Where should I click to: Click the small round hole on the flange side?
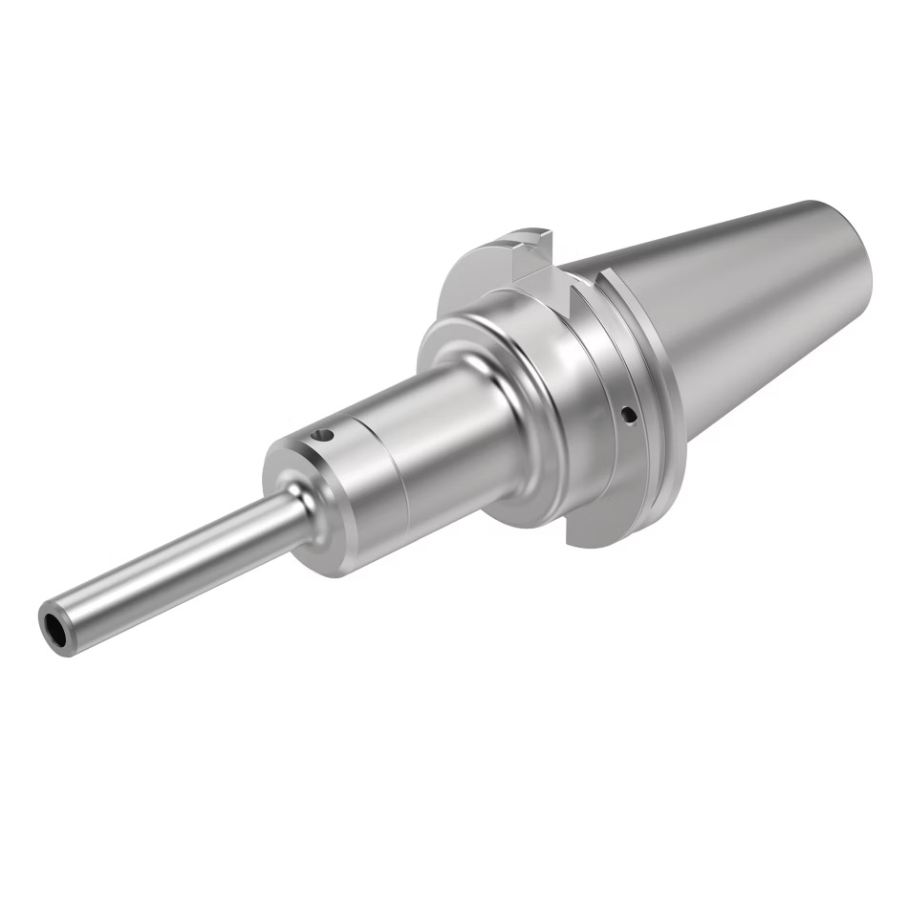click(x=628, y=414)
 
